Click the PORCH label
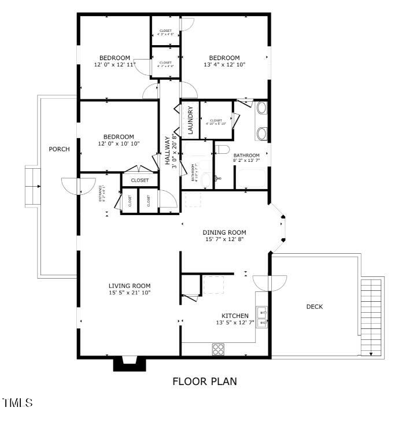[x=59, y=149]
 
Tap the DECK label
[x=315, y=307]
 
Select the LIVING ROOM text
[x=130, y=286]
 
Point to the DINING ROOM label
[x=224, y=232]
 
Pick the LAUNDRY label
[x=190, y=120]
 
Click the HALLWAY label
[x=168, y=151]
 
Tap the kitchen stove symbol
[x=218, y=349]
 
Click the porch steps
[x=32, y=186]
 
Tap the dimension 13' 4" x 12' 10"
[x=224, y=65]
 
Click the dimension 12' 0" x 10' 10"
[x=119, y=143]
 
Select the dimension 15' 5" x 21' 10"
[x=130, y=293]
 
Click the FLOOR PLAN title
[x=204, y=382]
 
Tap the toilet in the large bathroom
[x=223, y=150]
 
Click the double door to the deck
[x=270, y=282]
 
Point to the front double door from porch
[x=79, y=186]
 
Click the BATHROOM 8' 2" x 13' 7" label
[x=246, y=159]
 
